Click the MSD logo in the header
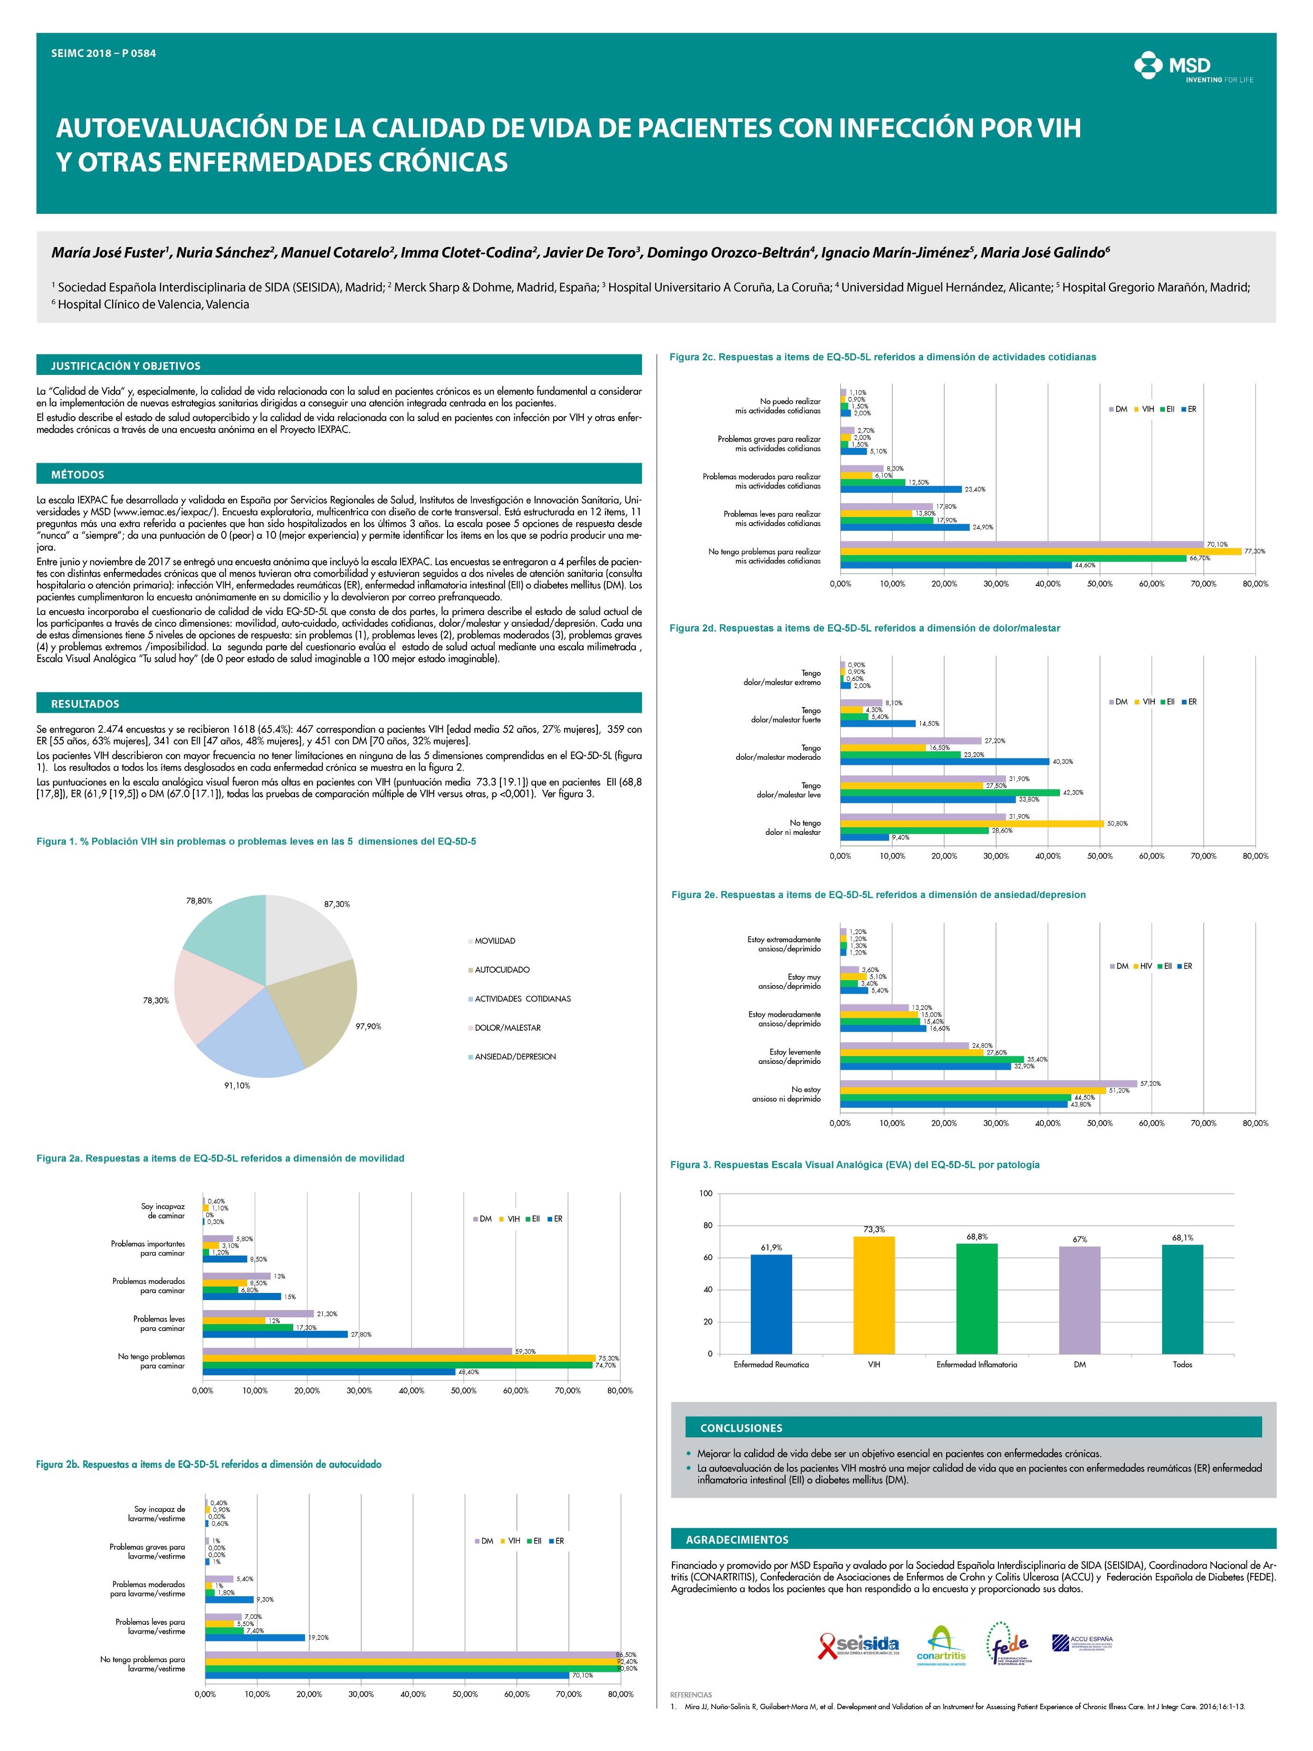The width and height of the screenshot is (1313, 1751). pos(1193,69)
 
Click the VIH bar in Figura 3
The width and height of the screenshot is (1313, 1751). pos(874,1293)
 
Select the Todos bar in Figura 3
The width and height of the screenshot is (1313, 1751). pos(1182,1297)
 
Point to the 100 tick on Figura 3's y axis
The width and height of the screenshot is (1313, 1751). pos(706,1193)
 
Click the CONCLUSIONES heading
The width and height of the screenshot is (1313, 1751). pos(741,1428)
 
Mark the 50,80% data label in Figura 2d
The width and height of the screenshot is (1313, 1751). pos(1116,823)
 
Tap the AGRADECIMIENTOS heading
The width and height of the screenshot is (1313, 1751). pos(737,1540)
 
